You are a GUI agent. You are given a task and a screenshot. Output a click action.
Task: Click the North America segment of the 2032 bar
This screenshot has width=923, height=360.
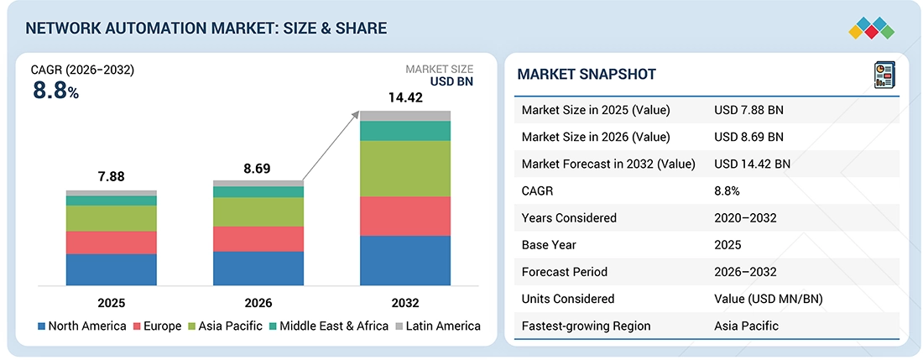[405, 261]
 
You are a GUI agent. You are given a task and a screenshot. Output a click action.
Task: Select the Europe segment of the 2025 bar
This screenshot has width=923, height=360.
[112, 243]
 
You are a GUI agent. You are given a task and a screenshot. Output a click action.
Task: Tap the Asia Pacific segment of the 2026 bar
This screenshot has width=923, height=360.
[258, 211]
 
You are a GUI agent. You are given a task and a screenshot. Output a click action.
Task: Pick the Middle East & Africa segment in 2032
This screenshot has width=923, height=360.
[405, 131]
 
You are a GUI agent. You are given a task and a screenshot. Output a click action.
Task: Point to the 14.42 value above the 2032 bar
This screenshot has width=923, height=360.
[405, 97]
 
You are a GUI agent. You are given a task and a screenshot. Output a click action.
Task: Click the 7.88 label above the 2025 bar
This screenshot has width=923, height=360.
[111, 176]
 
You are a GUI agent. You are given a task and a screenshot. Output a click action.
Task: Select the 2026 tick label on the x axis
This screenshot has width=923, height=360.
[258, 304]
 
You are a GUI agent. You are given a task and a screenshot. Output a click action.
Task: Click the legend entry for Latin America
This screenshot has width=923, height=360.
[438, 326]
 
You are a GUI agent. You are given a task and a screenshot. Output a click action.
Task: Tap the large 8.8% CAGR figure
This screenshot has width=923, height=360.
[55, 91]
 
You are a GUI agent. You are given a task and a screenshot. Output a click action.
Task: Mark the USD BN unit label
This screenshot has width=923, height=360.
[451, 81]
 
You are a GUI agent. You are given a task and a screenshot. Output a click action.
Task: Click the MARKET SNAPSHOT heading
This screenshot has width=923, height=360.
[587, 74]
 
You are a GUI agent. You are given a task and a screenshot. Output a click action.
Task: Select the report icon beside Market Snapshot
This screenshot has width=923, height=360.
[884, 76]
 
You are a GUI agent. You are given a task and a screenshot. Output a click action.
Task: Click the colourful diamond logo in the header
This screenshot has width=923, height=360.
[872, 28]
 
